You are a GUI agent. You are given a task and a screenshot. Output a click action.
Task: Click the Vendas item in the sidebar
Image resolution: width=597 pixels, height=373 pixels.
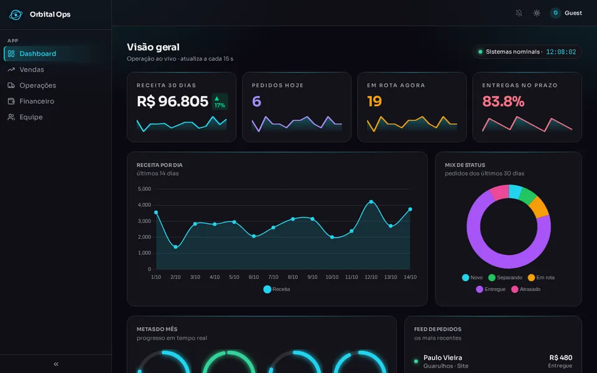26,70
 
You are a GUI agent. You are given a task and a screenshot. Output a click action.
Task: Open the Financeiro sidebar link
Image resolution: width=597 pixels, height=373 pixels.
31,101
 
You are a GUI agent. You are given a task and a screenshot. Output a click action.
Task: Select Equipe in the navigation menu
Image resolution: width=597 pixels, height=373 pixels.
25,117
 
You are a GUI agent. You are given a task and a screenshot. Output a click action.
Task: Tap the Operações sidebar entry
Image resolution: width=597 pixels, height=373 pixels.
32,86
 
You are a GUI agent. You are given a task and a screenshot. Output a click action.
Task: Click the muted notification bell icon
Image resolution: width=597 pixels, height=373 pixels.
519,13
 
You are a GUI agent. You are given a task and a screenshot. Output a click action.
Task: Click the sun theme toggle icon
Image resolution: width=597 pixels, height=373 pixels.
537,13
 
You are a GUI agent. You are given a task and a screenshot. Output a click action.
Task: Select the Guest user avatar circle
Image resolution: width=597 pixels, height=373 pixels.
555,13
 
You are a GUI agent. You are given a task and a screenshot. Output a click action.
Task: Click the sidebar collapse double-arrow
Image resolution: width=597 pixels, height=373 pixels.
56,364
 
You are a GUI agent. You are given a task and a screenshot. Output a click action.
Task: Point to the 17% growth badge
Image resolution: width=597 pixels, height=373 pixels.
220,101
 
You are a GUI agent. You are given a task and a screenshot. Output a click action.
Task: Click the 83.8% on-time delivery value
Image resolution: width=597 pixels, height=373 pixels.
503,101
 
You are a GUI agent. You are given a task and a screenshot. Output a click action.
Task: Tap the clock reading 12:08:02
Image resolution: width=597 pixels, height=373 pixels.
561,52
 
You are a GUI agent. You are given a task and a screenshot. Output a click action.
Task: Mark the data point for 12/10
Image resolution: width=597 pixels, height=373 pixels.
371,201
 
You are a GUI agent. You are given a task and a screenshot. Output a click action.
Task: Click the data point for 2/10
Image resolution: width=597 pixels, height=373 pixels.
175,247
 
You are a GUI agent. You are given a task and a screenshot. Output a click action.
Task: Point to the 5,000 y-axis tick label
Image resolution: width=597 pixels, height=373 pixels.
144,189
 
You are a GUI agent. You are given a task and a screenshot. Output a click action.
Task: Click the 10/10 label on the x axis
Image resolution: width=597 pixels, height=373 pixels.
332,277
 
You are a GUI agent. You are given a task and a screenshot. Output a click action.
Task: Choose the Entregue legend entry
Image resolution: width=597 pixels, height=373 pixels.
491,289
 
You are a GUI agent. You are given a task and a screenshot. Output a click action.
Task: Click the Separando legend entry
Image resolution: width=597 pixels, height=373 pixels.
505,277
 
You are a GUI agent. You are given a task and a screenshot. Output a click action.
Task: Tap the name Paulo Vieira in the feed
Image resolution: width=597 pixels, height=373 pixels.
443,358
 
